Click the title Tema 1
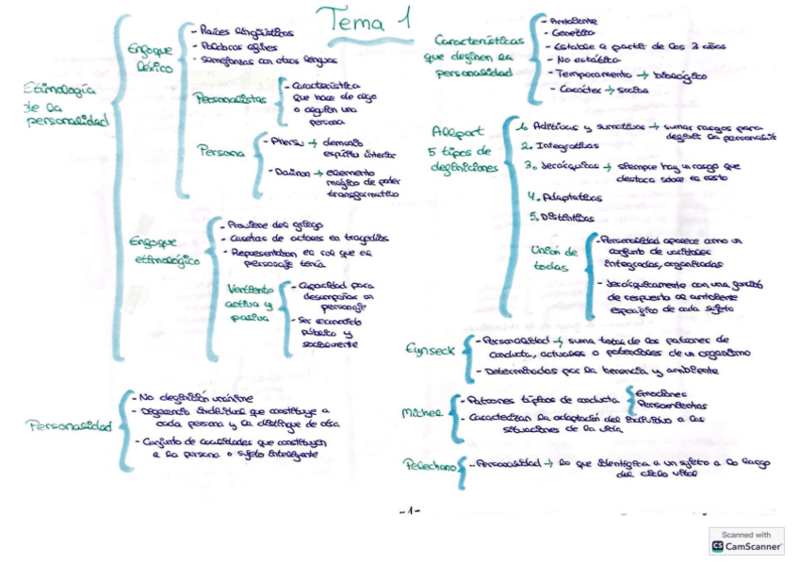click(362, 21)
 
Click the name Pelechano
click(428, 467)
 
